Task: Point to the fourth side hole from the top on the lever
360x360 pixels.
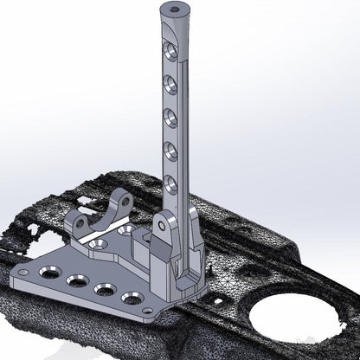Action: point(170,149)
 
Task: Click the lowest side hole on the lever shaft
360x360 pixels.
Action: point(170,183)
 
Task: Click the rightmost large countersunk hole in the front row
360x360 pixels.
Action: point(132,299)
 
